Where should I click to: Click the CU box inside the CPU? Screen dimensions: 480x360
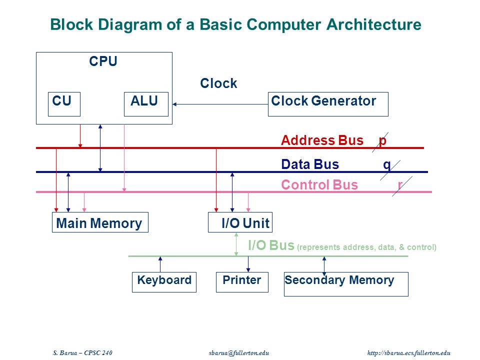[64, 104]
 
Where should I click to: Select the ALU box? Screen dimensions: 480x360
[146, 104]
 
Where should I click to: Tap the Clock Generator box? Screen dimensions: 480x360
[328, 104]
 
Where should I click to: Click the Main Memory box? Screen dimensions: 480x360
[100, 222]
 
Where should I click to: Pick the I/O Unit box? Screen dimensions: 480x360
[240, 222]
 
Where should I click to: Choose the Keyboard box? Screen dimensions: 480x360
[164, 282]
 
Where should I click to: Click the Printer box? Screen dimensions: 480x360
[242, 282]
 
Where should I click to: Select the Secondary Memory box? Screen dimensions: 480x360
[346, 284]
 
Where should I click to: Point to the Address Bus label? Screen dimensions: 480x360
[322, 140]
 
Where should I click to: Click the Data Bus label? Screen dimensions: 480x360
[310, 164]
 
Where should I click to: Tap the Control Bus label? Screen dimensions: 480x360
[319, 185]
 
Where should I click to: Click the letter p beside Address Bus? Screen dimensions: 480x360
[382, 141]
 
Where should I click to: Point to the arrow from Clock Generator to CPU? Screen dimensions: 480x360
[220, 104]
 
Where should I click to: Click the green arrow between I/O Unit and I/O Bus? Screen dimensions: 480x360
[236, 244]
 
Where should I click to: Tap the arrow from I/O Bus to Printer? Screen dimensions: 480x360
[248, 264]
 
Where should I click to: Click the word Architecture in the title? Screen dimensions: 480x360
[374, 24]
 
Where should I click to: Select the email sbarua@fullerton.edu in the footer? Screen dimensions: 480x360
[239, 352]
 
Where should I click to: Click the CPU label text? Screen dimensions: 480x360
[103, 61]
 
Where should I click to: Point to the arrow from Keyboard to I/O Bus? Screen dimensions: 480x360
[160, 264]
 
